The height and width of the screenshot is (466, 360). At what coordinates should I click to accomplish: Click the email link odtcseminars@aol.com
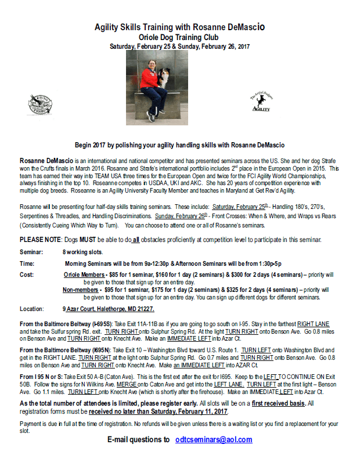tap(213, 440)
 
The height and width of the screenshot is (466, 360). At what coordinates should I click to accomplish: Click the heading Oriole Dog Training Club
tap(179, 37)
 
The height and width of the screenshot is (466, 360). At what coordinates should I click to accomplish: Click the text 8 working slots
tap(82, 252)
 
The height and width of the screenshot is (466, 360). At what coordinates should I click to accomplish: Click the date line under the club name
tap(179, 45)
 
